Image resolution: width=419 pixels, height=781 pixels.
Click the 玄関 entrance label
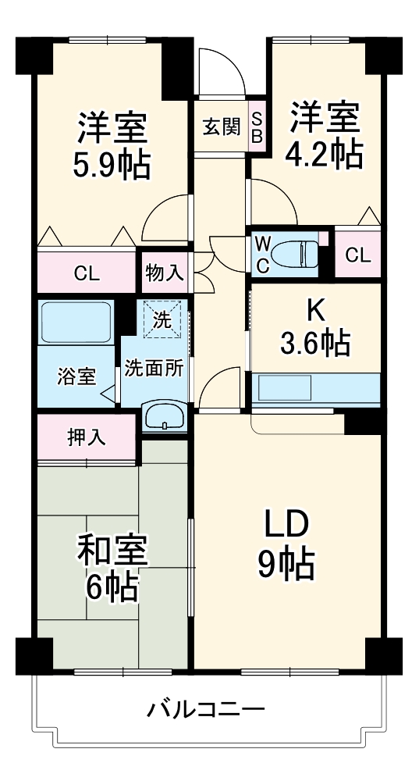coord(221,127)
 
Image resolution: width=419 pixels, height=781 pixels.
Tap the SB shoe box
coord(257,127)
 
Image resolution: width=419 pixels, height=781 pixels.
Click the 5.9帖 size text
coord(112,165)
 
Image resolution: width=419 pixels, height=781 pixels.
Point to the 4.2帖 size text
coord(325,155)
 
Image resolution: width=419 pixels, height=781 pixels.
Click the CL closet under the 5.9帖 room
coord(87,273)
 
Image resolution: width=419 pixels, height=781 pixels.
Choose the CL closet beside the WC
coord(357,255)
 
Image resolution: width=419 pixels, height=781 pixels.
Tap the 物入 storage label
coord(165,273)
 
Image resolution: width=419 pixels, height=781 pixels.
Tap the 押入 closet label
coord(86,437)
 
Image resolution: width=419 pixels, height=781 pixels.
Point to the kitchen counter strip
coord(316,388)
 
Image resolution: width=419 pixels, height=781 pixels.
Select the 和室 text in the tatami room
coord(111,552)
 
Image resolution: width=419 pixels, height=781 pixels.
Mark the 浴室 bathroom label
coord(76,376)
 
